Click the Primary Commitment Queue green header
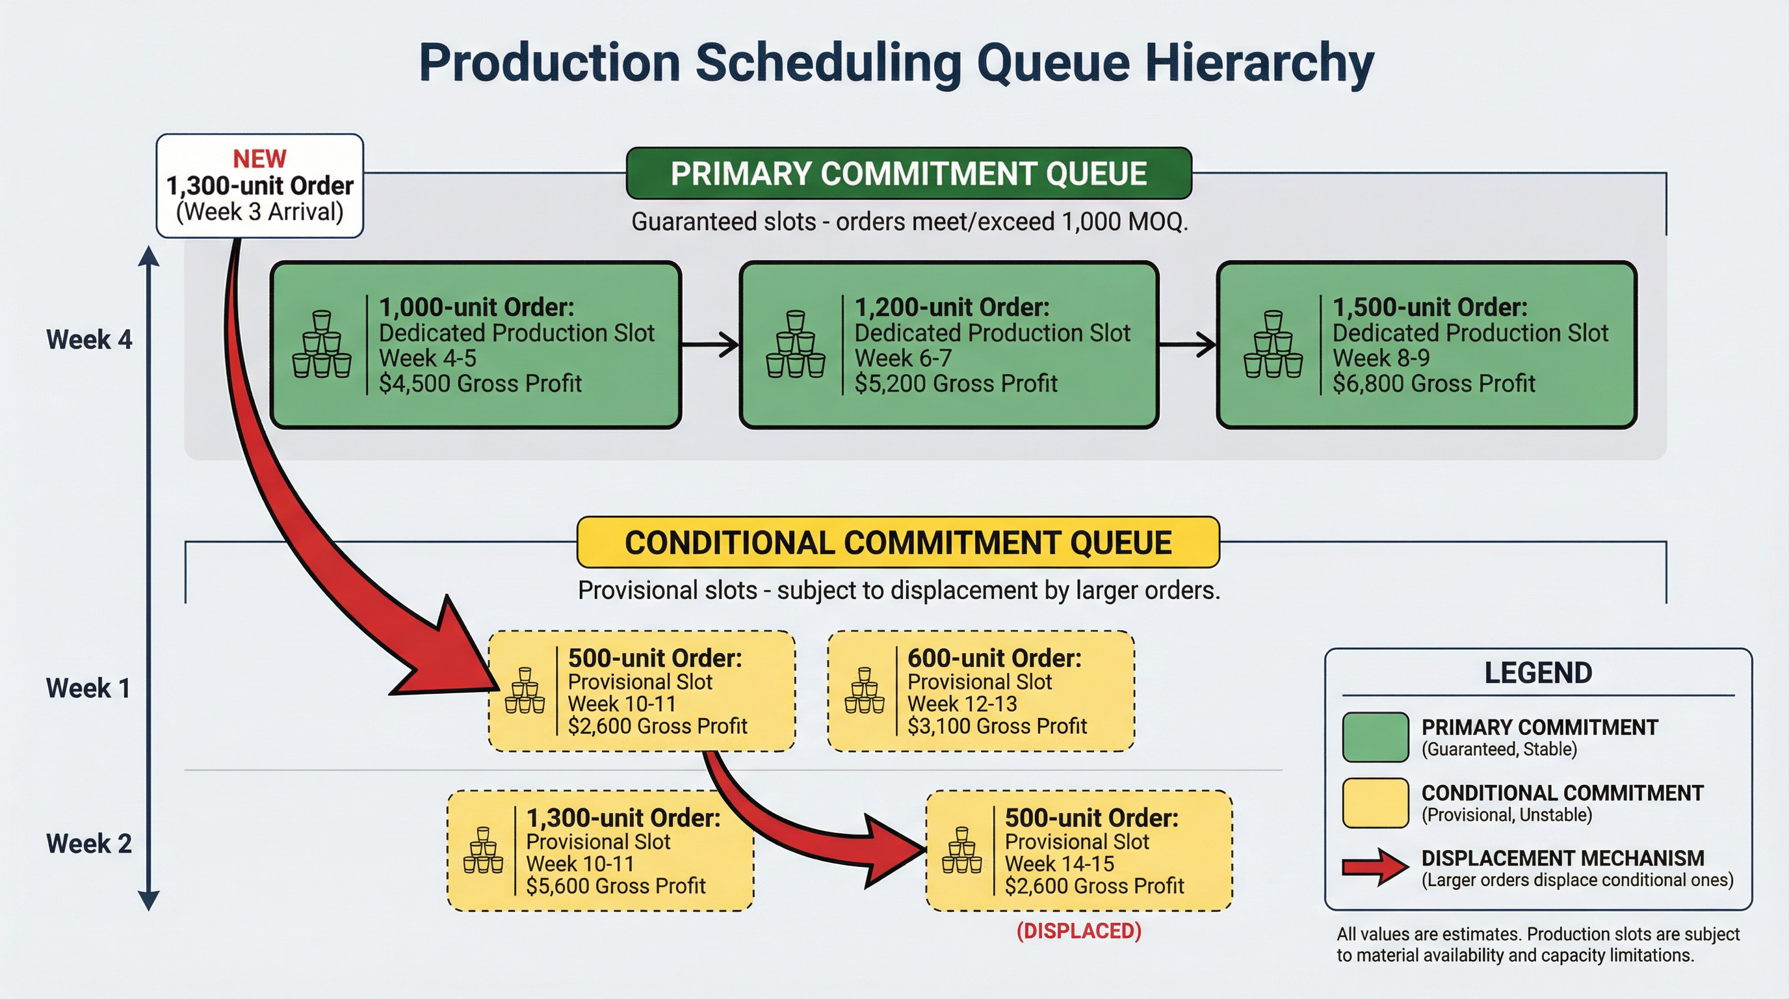(x=908, y=174)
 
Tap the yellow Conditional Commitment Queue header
(x=898, y=542)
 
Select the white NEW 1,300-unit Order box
(x=260, y=186)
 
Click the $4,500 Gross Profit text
(x=480, y=384)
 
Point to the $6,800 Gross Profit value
(x=1433, y=384)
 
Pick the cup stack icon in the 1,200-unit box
(x=795, y=345)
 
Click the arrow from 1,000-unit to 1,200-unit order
(x=710, y=345)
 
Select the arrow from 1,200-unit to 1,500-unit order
(x=1188, y=345)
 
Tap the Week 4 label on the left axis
(x=89, y=340)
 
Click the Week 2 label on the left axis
(x=89, y=844)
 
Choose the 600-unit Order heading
(x=994, y=658)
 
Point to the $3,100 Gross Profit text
(x=997, y=726)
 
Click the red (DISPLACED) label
(x=1078, y=931)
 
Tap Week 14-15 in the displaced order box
(x=1059, y=864)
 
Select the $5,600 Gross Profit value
(x=616, y=886)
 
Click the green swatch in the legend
(x=1375, y=737)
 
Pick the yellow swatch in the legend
(x=1375, y=803)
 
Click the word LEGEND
(x=1537, y=673)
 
